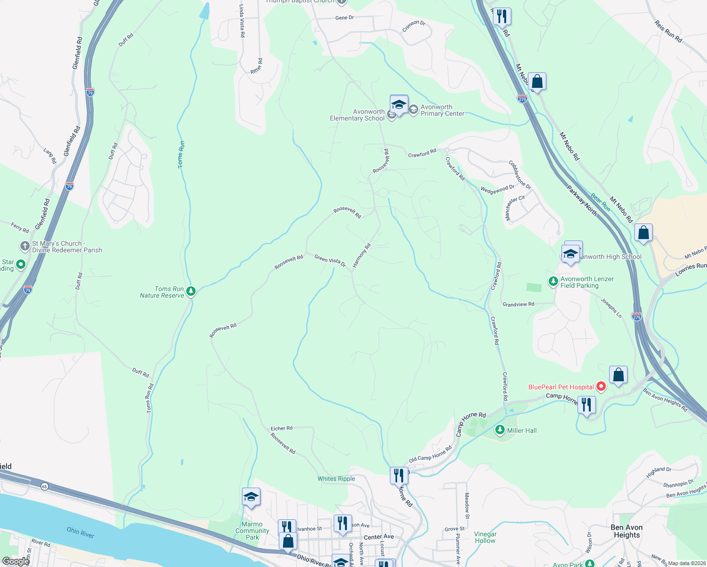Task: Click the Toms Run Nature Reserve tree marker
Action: click(191, 291)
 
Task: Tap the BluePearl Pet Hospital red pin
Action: click(601, 387)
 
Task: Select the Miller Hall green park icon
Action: click(500, 430)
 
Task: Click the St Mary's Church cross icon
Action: click(25, 246)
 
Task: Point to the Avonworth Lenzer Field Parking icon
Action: click(553, 282)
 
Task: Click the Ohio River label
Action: click(80, 533)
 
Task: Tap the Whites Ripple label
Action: click(336, 479)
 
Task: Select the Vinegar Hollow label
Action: click(485, 537)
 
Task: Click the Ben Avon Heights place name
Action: click(627, 531)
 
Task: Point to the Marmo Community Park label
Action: click(252, 531)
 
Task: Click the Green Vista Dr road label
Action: click(330, 261)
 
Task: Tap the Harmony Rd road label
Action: click(362, 256)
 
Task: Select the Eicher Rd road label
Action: click(281, 429)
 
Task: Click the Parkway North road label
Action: click(582, 201)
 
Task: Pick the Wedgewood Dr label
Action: click(497, 189)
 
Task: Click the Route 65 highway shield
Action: click(44, 486)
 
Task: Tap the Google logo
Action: click(16, 561)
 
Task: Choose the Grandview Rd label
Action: click(518, 304)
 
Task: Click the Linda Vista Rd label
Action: click(242, 21)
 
